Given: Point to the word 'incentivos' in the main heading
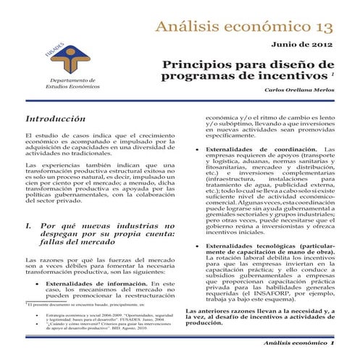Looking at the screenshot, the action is [295, 75].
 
